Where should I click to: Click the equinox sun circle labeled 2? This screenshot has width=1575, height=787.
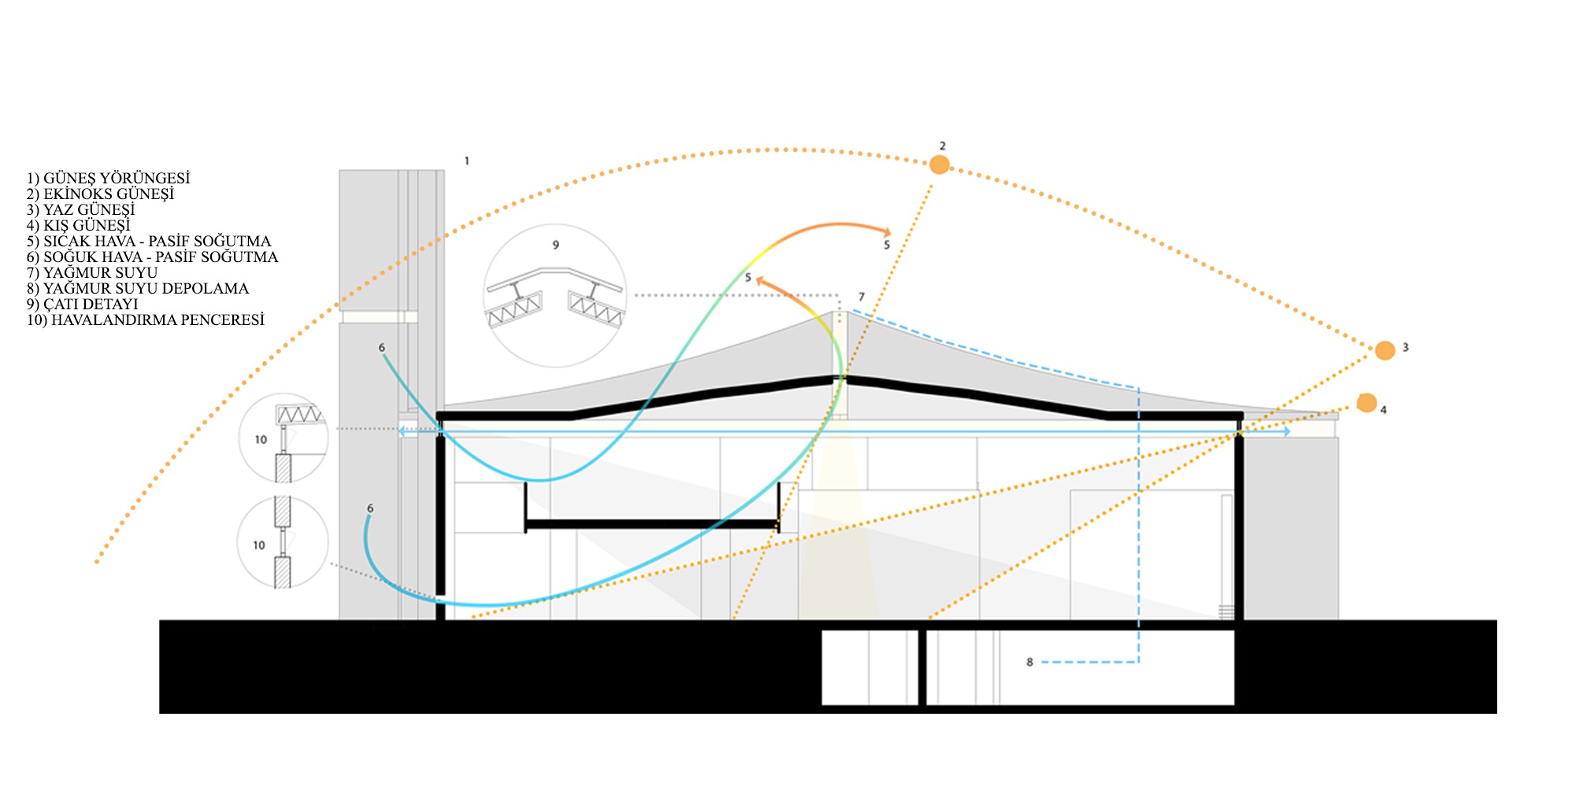[x=939, y=164]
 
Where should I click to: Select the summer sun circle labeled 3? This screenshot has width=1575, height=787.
[x=1384, y=350]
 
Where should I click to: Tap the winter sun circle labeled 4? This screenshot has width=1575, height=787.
[x=1366, y=403]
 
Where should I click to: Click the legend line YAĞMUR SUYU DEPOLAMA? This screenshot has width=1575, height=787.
[x=138, y=289]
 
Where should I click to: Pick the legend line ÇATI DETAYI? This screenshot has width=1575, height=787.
[x=83, y=305]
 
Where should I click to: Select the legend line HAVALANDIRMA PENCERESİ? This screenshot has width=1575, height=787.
[x=146, y=320]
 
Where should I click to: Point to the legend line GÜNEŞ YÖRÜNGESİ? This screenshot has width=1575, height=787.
[x=109, y=179]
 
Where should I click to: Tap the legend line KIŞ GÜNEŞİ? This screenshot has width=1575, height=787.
[x=79, y=226]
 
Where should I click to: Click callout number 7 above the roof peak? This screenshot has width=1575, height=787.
[x=862, y=297]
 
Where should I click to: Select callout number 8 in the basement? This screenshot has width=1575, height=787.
[x=1029, y=662]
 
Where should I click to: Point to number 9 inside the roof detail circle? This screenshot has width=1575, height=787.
[x=555, y=245]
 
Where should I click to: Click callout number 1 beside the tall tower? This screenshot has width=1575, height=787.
[x=466, y=161]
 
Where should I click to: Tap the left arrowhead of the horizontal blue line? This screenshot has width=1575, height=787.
[x=402, y=431]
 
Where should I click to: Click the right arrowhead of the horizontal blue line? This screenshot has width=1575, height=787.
[x=1285, y=431]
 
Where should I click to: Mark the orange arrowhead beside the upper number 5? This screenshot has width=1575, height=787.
[x=887, y=231]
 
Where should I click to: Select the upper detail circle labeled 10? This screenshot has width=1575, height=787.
[x=283, y=438]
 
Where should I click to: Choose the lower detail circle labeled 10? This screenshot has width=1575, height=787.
[x=283, y=542]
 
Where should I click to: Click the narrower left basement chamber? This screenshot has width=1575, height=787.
[x=869, y=667]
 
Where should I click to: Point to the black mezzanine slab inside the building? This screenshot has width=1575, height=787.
[x=652, y=523]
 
